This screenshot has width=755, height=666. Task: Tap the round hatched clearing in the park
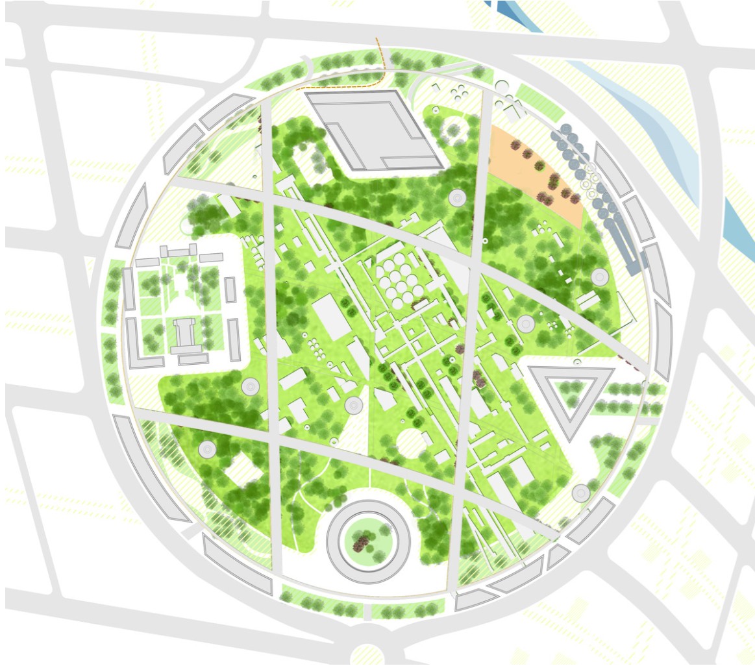click(410, 444)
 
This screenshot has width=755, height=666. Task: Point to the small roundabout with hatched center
click(367, 654)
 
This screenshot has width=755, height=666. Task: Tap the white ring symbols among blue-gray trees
click(591, 179)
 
